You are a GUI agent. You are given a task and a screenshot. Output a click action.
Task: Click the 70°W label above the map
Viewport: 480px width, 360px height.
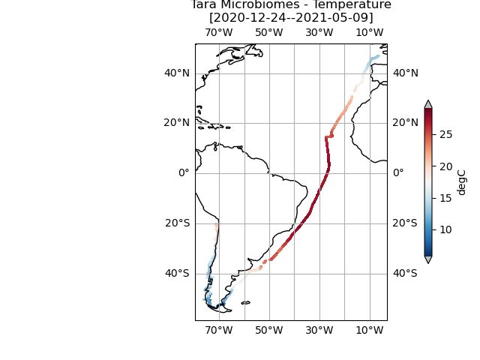(218, 33)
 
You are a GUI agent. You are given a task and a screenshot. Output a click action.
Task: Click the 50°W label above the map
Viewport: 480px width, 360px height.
(268, 33)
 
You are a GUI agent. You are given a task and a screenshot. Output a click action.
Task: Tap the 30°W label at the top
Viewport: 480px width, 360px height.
(319, 33)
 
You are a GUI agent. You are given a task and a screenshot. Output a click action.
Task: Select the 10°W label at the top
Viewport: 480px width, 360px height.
(369, 33)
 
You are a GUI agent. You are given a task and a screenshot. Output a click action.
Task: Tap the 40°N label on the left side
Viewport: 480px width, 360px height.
(177, 73)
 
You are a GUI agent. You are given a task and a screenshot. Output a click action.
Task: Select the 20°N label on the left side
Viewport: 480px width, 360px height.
(177, 123)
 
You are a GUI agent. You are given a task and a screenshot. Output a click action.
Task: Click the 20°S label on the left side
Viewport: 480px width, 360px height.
(177, 223)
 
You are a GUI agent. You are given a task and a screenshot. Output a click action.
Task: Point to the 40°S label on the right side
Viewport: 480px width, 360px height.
(405, 273)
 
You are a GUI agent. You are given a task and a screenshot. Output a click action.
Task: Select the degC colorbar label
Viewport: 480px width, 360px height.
(462, 182)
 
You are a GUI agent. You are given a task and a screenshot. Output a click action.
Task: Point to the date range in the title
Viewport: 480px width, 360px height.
(291, 17)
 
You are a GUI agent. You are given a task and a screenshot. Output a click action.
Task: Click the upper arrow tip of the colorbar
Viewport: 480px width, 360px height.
(428, 103)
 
